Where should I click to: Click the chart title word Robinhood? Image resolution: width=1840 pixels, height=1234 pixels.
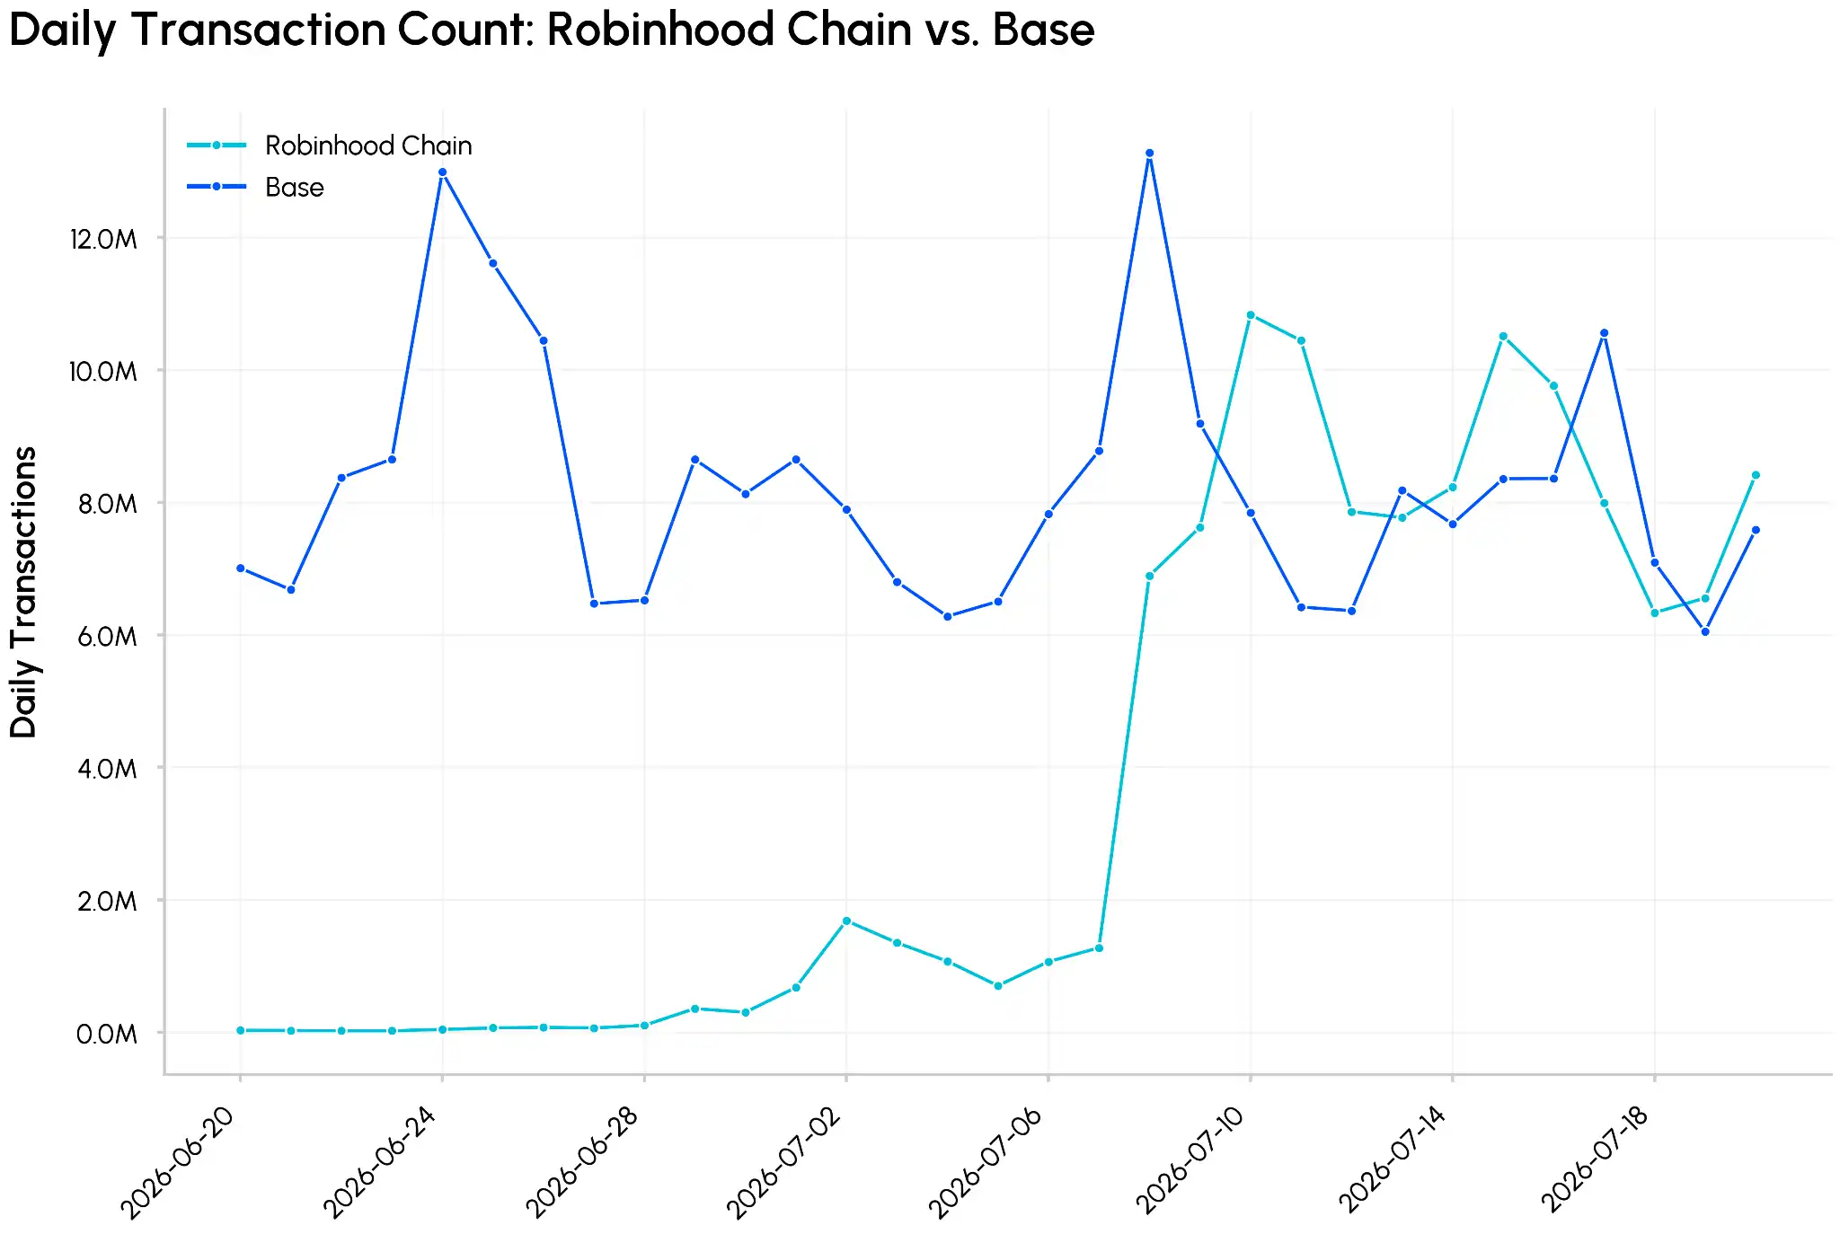point(662,30)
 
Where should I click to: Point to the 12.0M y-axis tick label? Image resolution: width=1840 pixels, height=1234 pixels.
point(103,239)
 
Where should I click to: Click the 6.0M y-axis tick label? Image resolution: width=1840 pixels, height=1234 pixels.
point(107,637)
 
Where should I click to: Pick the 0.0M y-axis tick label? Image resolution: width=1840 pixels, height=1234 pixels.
point(107,1034)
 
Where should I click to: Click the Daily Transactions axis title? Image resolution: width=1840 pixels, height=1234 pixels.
point(23,592)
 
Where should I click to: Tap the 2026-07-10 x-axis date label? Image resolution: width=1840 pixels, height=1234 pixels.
point(1190,1160)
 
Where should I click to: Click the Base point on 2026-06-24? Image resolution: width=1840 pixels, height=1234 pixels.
point(442,172)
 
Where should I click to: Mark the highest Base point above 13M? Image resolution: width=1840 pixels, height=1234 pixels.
point(1149,154)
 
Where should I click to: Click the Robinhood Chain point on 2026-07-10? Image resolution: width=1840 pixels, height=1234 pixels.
point(1251,315)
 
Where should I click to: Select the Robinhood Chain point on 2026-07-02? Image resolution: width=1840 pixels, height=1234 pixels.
point(846,921)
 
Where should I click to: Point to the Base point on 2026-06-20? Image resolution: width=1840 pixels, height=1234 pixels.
point(240,569)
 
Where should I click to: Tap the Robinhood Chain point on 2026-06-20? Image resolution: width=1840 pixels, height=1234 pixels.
point(240,1030)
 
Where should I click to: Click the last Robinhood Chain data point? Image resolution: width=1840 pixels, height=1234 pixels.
point(1756,475)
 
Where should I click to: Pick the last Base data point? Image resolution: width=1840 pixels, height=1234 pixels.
point(1756,530)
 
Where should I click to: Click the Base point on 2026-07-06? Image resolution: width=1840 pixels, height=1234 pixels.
point(1048,515)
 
